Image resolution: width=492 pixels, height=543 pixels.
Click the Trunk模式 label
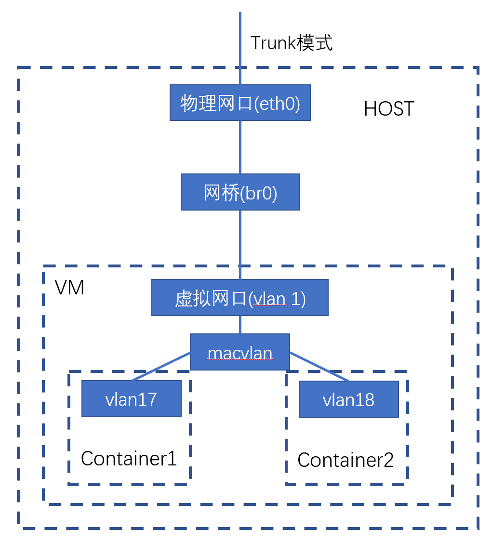pos(292,43)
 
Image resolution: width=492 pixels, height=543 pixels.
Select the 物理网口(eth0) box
pos(240,103)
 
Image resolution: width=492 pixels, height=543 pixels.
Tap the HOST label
pos(389,109)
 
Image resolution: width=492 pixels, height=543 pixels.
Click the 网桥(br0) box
pos(240,192)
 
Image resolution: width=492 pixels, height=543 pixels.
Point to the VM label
pos(69,288)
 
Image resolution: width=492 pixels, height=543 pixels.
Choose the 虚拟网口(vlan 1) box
pos(240,298)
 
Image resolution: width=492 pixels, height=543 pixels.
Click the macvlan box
pos(240,352)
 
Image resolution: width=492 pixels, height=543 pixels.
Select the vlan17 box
pos(131,398)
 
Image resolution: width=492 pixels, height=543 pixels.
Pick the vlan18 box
pos(348,399)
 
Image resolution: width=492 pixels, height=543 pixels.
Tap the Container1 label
pos(129,458)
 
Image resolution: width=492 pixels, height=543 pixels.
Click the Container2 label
pos(346,460)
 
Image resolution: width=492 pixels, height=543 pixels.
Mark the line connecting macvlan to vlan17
pos(160,367)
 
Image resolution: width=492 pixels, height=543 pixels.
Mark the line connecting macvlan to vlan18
pos(319,367)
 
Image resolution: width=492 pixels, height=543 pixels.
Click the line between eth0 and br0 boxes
pos(240,147)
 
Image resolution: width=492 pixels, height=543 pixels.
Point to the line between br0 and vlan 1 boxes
pos(240,244)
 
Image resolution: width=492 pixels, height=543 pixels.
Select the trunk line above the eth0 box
pos(240,48)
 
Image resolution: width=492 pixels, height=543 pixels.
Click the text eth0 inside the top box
pos(277,103)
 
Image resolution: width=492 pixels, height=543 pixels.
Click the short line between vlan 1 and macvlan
pos(240,325)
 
